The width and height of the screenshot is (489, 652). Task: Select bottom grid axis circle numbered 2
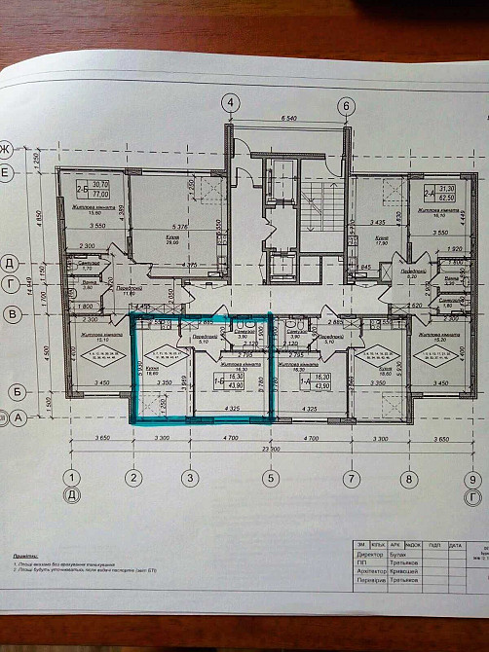130,477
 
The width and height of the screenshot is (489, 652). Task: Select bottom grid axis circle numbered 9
472,479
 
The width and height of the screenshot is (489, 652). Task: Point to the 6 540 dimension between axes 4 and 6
288,119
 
